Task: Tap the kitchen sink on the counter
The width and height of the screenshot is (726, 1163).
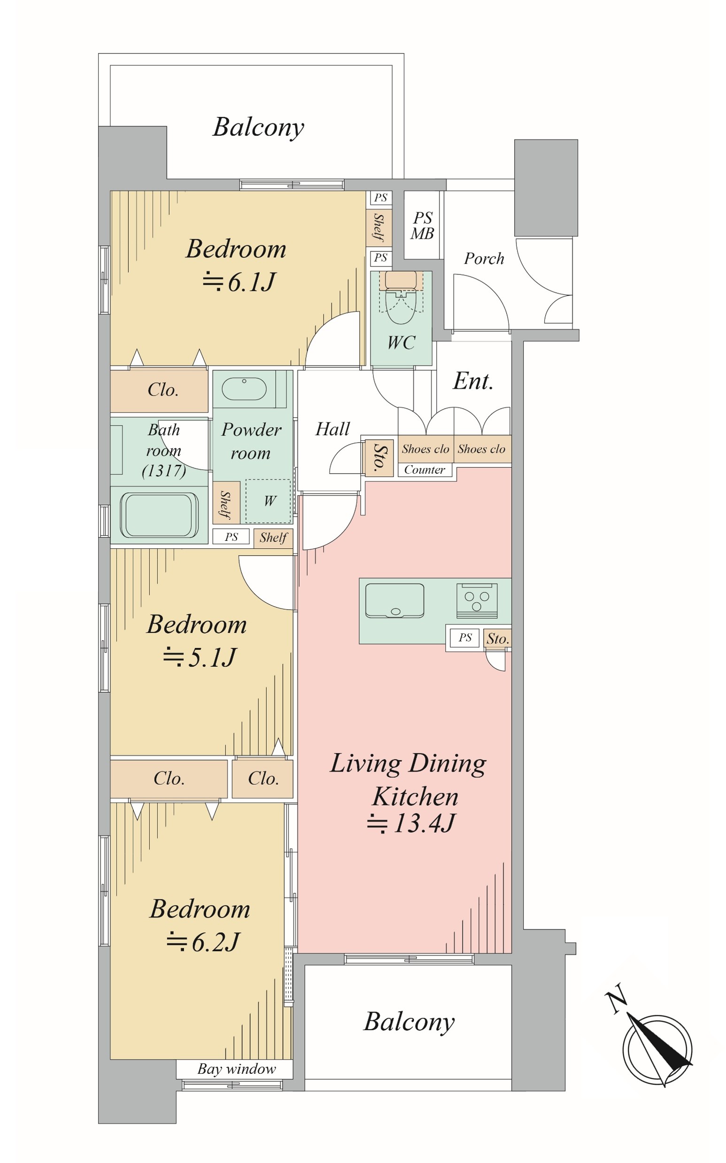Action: pos(394,601)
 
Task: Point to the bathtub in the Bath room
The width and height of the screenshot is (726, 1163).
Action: pos(159,515)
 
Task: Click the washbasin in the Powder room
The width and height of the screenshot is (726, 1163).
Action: pos(244,389)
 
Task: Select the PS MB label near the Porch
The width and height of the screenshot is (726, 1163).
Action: pos(423,225)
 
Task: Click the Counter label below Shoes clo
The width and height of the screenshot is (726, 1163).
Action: pos(425,470)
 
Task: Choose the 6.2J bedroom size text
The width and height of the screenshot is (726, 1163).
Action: pos(202,942)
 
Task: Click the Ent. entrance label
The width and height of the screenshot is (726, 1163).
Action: pos(473,381)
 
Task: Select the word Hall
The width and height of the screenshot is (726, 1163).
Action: pos(332,429)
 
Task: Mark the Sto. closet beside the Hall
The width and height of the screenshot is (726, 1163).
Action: pos(379,456)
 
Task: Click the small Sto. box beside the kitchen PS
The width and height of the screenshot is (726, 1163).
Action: pos(497,639)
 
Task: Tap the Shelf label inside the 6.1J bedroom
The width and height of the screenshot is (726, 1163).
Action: pos(379,227)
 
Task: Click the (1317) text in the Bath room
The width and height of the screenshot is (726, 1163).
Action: pos(164,470)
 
